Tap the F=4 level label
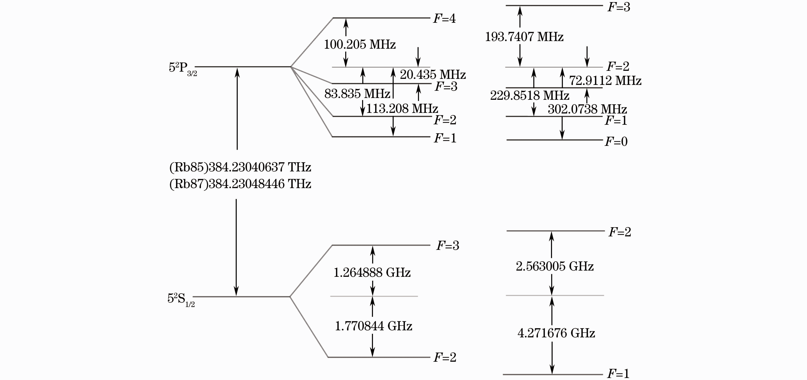(444, 19)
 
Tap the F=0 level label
(616, 142)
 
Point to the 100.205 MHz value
(360, 44)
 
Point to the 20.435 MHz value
(433, 75)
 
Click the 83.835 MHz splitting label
(357, 94)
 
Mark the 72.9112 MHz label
(605, 81)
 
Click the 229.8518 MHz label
(529, 96)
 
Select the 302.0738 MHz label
(587, 109)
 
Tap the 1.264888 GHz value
(372, 272)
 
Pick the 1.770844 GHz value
(373, 326)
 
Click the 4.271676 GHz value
(556, 333)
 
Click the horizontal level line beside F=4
(381, 18)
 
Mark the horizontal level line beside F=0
(554, 140)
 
